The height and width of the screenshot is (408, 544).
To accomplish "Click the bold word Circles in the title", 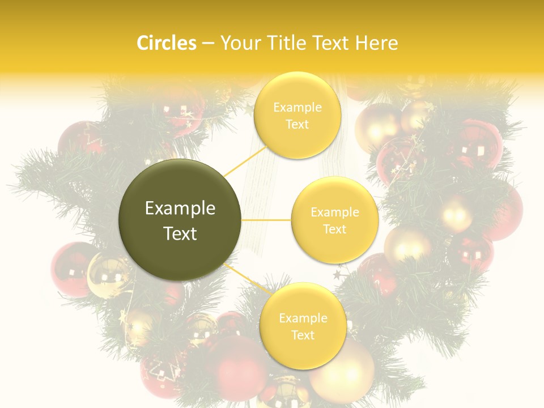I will [x=166, y=43].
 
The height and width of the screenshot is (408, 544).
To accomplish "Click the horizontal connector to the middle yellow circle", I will [x=266, y=219].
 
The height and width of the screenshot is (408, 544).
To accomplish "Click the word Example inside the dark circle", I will [x=180, y=209].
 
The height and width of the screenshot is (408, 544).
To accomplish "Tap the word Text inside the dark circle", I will [x=180, y=233].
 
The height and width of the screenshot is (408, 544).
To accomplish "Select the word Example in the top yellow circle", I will [x=297, y=107].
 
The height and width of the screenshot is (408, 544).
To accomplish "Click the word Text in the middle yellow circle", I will [x=335, y=229].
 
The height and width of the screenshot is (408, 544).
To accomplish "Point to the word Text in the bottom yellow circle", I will [x=303, y=335].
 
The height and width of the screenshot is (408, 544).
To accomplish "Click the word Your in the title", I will [x=238, y=43].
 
